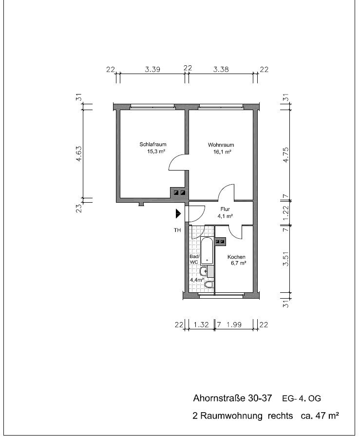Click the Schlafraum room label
[x=153, y=144]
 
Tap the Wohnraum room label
[x=221, y=145]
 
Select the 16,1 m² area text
[x=222, y=152]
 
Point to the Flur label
[x=225, y=209]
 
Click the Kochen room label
[x=236, y=257]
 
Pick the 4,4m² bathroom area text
[x=197, y=279]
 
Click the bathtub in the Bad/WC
[x=207, y=251]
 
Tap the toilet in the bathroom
[x=208, y=285]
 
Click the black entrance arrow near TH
[x=178, y=214]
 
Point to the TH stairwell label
[x=177, y=230]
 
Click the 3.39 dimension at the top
[x=152, y=69]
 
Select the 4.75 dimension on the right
[x=285, y=155]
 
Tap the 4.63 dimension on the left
[x=79, y=154]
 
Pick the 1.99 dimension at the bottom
[x=234, y=324]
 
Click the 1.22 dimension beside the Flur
[x=285, y=213]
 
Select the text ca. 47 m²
[x=320, y=416]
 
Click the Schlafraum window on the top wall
[x=152, y=107]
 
